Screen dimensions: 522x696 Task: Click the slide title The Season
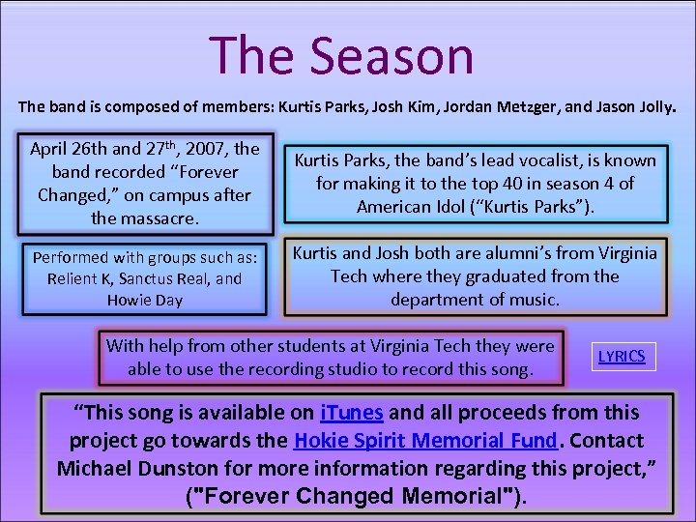pyautogui.click(x=341, y=55)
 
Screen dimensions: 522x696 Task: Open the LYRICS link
pyautogui.click(x=622, y=356)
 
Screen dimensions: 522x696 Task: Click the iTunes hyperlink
pyautogui.click(x=352, y=413)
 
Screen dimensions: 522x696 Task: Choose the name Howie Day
pyautogui.click(x=144, y=300)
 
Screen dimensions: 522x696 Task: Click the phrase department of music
pyautogui.click(x=475, y=300)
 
